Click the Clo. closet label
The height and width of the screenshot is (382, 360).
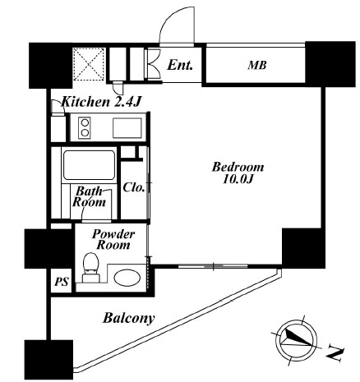click(135, 187)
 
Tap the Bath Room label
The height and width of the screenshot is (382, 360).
click(88, 197)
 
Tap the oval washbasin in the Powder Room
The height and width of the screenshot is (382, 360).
click(127, 278)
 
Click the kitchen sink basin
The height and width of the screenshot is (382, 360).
click(127, 127)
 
